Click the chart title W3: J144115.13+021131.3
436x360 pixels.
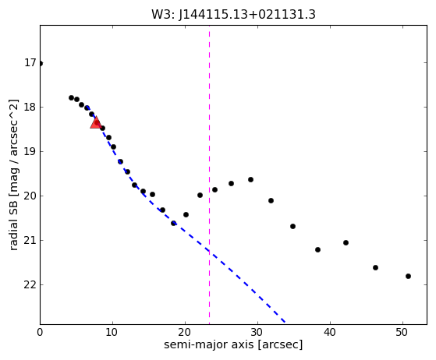tap(233, 15)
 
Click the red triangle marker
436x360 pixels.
tap(96, 122)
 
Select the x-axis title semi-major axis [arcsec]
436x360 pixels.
tap(233, 344)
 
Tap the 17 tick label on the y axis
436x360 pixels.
tap(30, 63)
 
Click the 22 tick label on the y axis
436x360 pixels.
tap(30, 284)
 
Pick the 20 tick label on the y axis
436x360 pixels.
tap(30, 196)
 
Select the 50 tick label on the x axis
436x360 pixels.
tap(402, 332)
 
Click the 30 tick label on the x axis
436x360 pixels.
tap(257, 332)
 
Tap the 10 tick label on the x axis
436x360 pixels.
tap(112, 332)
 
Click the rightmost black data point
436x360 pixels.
tap(408, 276)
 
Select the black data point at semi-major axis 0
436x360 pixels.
tap(41, 64)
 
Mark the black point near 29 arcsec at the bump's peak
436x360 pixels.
tap(250, 180)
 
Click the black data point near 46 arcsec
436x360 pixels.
tap(375, 268)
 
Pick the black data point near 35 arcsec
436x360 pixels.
tap(292, 227)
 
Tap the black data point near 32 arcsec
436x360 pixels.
tap(271, 200)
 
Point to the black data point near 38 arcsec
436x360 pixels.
tap(317, 249)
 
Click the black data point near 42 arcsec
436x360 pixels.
tap(346, 243)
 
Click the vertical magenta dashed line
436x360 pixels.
tap(209, 175)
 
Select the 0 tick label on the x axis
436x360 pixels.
tap(40, 332)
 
